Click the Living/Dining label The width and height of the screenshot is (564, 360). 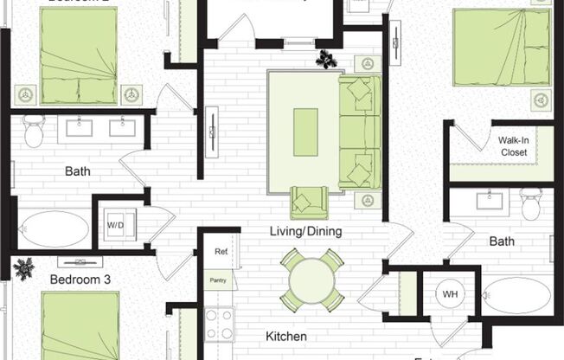(x=304, y=231)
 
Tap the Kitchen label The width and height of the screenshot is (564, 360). (x=285, y=336)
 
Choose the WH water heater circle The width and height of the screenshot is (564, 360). (x=450, y=294)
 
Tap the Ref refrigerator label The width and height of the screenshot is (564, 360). (x=221, y=251)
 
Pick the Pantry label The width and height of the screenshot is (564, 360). (x=219, y=280)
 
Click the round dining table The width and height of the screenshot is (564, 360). (x=311, y=280)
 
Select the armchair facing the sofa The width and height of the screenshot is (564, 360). (x=305, y=202)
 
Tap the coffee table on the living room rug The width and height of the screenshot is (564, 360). (x=305, y=132)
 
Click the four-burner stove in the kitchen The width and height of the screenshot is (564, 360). (x=219, y=325)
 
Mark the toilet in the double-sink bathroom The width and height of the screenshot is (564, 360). (x=35, y=130)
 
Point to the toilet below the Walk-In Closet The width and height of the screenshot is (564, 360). (x=531, y=204)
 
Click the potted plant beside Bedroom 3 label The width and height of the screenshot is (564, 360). (x=22, y=268)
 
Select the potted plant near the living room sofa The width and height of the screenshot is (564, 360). (x=327, y=60)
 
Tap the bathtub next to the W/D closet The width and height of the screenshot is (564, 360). (x=54, y=229)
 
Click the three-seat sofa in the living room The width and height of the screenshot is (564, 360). (x=359, y=132)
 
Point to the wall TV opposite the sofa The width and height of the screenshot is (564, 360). (x=212, y=130)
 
